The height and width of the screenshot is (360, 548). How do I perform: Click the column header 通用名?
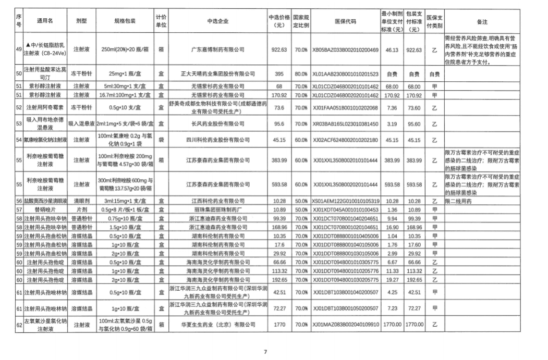point(45,21)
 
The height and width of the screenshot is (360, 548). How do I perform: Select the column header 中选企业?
point(217,21)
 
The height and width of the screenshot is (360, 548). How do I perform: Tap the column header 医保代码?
point(345,21)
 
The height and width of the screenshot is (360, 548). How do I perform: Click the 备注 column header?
point(481,21)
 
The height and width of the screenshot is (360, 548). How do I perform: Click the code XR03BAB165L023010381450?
point(345,125)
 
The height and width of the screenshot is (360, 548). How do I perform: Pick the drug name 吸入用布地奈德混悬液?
point(45,125)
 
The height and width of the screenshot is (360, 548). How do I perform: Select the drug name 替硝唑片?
point(45,209)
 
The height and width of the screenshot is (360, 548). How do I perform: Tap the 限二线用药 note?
point(458,201)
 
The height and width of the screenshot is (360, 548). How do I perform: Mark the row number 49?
point(19,49)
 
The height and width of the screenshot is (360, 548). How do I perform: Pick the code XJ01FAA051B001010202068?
point(345,107)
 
